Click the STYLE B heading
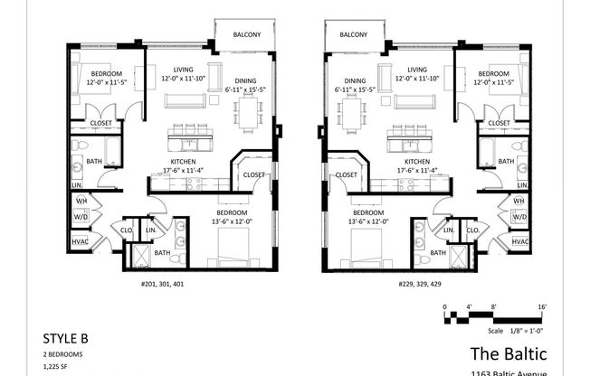click(66, 339)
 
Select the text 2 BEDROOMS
click(63, 355)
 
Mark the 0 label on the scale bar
click(445, 307)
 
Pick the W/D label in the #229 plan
click(519, 217)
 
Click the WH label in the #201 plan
click(80, 200)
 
